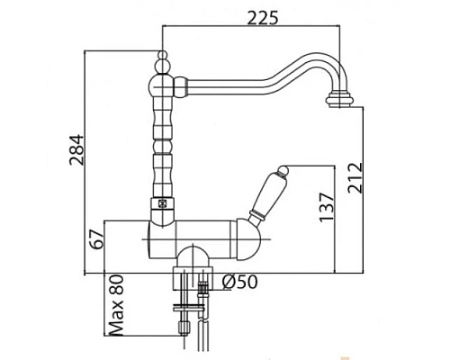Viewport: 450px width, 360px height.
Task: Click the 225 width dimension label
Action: [263, 18]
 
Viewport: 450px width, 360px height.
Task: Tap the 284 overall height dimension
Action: [76, 149]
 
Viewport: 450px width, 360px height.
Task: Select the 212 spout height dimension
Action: [355, 178]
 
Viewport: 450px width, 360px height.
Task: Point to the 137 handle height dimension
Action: [327, 207]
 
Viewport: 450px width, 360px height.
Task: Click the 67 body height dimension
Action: [97, 239]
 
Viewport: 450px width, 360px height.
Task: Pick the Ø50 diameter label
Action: [239, 283]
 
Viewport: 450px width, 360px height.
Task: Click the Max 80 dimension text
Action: [116, 305]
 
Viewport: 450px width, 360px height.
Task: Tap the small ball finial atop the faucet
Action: [162, 55]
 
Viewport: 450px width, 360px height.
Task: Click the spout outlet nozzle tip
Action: [338, 100]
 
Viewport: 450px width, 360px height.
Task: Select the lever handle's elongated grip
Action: [267, 193]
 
